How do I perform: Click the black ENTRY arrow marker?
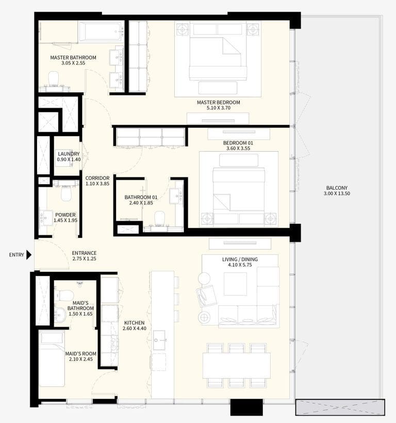click(x=29, y=255)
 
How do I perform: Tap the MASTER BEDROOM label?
click(x=218, y=103)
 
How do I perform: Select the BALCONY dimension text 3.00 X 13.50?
click(x=337, y=194)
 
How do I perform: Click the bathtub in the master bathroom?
click(x=101, y=31)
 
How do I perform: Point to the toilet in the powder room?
click(x=67, y=192)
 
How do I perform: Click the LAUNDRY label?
click(x=69, y=154)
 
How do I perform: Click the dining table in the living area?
click(x=236, y=365)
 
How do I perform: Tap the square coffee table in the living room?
click(x=235, y=284)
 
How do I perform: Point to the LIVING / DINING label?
click(x=240, y=259)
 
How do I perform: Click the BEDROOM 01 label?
click(x=238, y=143)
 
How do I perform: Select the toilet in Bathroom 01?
click(x=159, y=217)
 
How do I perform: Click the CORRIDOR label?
click(x=97, y=178)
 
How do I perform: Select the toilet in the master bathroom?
click(x=53, y=79)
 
